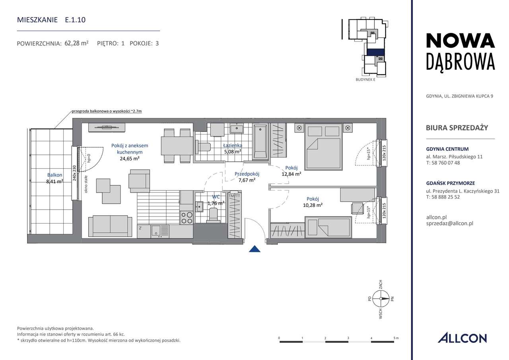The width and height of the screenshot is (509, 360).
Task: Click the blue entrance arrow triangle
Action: tap(254, 249)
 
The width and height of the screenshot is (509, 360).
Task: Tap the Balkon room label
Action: tap(54, 175)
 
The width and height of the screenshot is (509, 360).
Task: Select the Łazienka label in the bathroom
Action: tap(233, 145)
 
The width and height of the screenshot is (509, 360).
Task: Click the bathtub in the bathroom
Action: tap(260, 141)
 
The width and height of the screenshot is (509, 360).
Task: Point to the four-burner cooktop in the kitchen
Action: tap(187, 218)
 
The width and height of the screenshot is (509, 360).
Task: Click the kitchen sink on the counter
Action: tap(160, 231)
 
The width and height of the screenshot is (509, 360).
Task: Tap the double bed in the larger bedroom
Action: tap(323, 147)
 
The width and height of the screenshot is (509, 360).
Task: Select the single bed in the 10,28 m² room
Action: tap(328, 227)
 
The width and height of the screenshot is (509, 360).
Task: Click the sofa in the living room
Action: tap(110, 226)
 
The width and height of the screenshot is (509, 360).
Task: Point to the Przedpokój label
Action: tap(247, 174)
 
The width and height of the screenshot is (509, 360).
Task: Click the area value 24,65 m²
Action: tap(130, 159)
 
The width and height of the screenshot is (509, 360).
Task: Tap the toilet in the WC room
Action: tap(214, 215)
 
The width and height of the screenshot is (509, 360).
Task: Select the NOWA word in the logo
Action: tap(460, 41)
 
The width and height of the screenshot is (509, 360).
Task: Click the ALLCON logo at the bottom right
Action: tap(462, 338)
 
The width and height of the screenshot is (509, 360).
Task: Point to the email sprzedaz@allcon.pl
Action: tap(450, 224)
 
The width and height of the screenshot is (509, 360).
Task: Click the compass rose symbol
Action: tap(381, 299)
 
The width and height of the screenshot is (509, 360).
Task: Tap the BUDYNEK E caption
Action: tap(365, 80)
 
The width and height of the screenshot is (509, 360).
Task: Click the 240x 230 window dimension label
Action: tap(74, 173)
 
